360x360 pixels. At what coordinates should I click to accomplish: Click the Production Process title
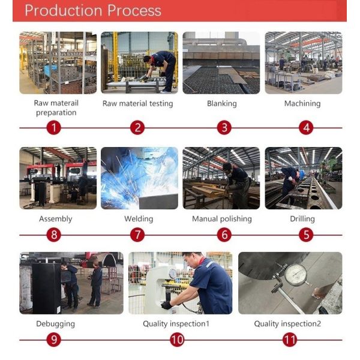(x=93, y=11)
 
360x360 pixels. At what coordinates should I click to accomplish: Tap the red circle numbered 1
(x=54, y=128)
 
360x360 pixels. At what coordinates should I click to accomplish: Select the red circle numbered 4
(x=306, y=128)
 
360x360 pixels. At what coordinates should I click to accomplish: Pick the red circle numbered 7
(x=137, y=235)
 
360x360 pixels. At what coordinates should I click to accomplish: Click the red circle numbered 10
(x=177, y=340)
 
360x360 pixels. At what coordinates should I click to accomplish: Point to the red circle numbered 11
(x=290, y=340)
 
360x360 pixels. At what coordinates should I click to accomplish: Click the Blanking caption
(x=222, y=104)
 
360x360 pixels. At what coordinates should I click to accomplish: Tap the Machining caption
(x=302, y=104)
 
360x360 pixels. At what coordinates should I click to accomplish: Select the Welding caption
(x=139, y=219)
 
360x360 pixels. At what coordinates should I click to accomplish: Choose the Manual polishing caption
(x=222, y=219)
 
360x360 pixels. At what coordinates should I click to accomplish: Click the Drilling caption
(x=302, y=219)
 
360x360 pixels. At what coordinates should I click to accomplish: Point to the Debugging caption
(x=56, y=324)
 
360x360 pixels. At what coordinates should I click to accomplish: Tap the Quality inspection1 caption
(x=176, y=324)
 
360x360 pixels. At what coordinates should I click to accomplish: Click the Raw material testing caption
(x=138, y=104)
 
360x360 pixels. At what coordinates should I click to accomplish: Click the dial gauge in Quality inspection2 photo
(x=296, y=275)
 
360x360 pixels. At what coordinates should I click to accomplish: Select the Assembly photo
(x=58, y=178)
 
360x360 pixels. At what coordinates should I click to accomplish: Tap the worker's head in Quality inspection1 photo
(x=193, y=260)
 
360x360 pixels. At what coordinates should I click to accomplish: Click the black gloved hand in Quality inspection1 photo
(x=167, y=305)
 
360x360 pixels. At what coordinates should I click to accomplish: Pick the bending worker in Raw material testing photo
(x=161, y=70)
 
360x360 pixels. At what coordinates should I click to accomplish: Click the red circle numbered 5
(x=306, y=235)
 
